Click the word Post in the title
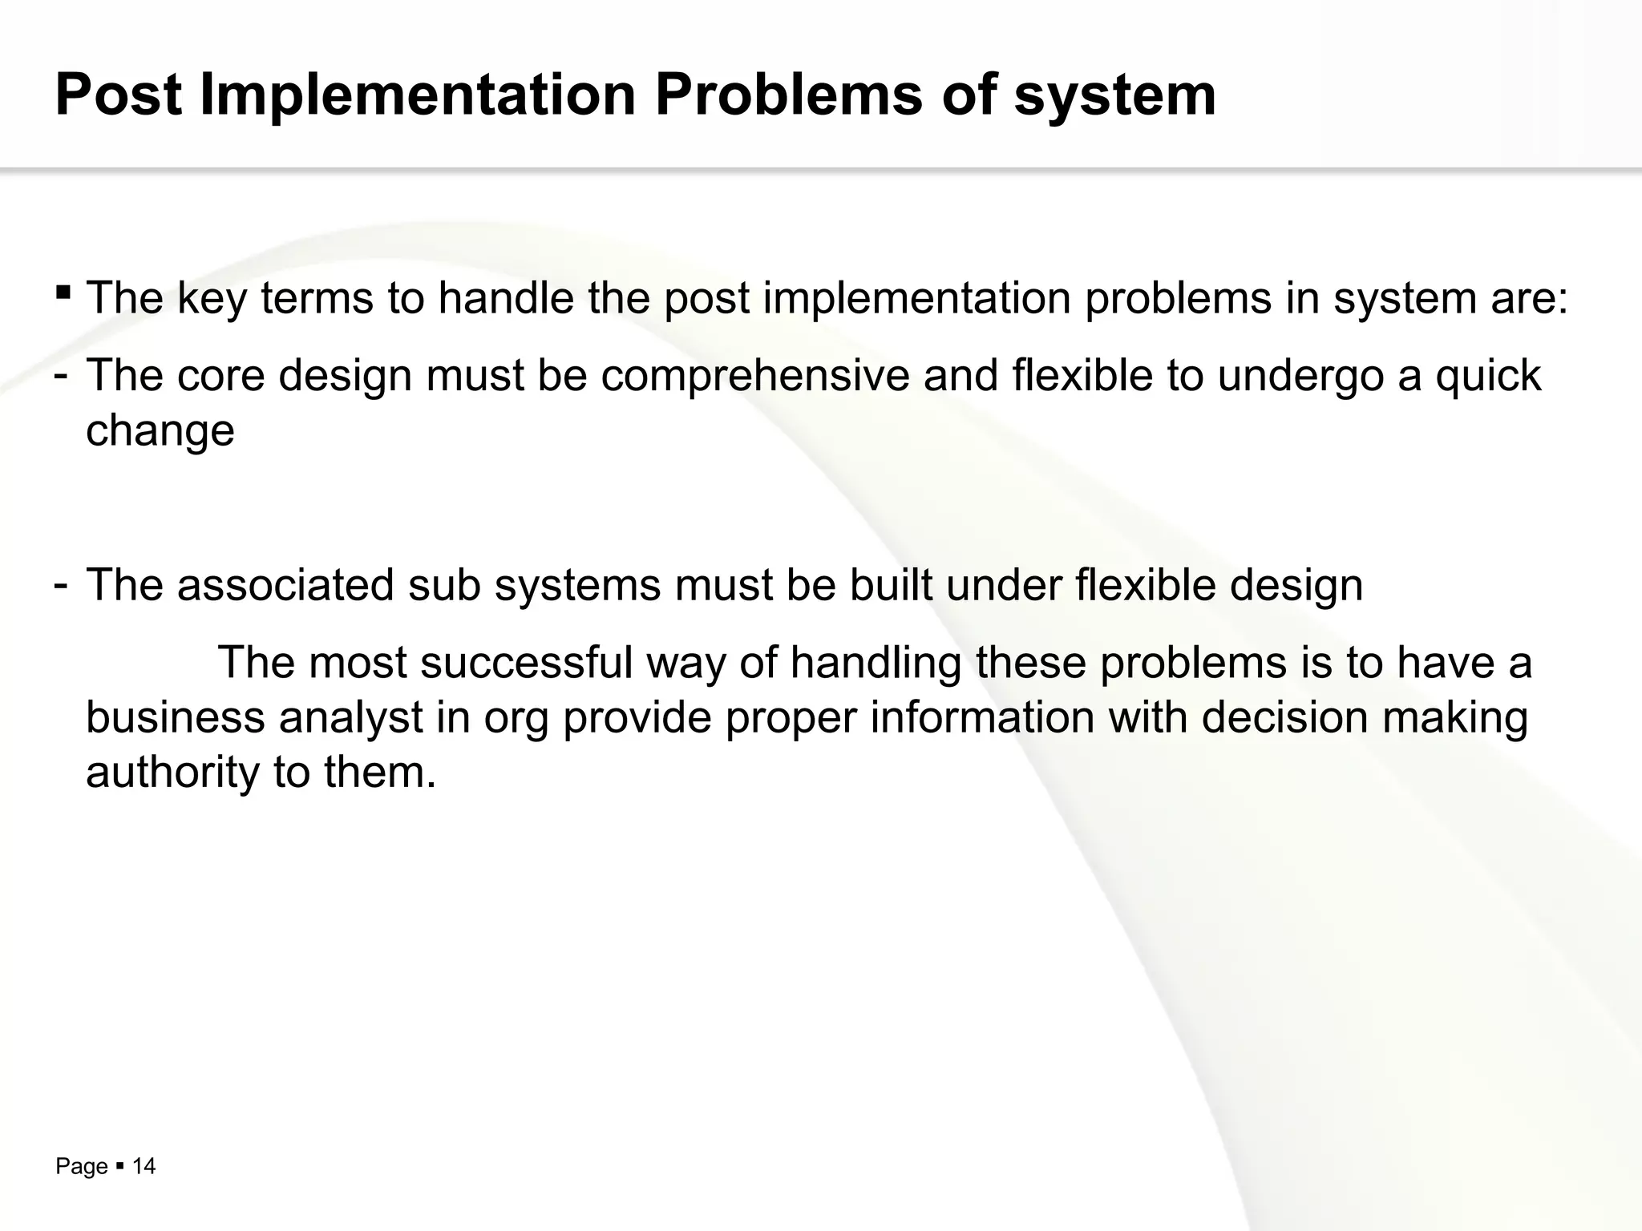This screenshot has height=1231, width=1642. coord(119,95)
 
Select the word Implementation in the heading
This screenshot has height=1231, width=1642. coord(417,95)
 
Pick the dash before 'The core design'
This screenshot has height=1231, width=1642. coord(60,376)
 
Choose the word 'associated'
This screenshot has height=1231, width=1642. coord(285,585)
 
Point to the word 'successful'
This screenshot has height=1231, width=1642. coord(526,663)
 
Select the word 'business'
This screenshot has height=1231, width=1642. coord(175,717)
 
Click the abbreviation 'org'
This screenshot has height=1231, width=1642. coord(516,719)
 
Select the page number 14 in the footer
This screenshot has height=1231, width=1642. coord(144,1166)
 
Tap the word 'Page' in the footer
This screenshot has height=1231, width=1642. coord(81,1167)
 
